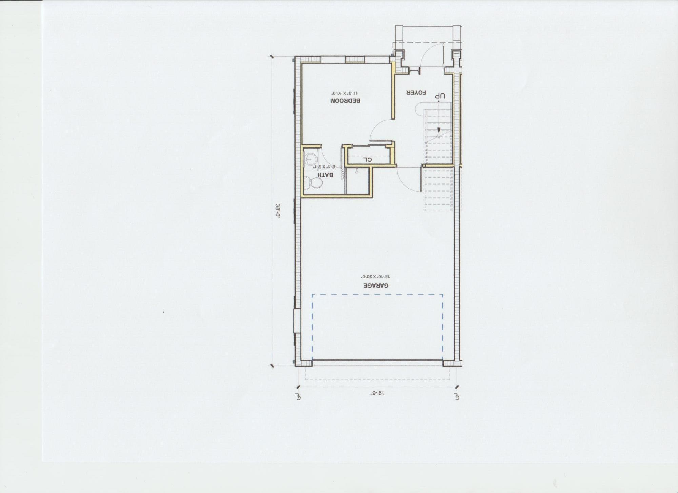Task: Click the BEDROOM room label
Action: coord(345,101)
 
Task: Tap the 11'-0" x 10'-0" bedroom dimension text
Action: coord(344,93)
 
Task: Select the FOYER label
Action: coord(416,92)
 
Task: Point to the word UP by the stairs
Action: coord(439,96)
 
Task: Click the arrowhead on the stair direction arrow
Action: coord(439,131)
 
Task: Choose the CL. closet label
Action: coord(367,159)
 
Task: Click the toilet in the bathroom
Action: coord(313,183)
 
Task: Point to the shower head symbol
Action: coord(357,172)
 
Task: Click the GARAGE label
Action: coord(376,285)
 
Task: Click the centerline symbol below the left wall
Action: coord(298,396)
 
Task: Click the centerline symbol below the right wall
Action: coord(457,396)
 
